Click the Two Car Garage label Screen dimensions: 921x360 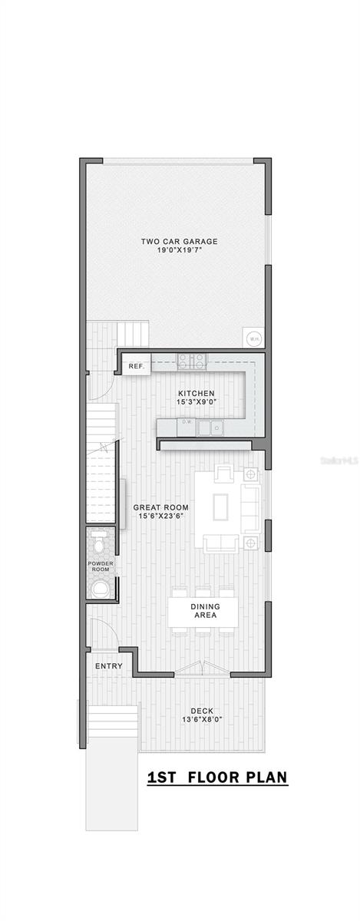[x=179, y=242]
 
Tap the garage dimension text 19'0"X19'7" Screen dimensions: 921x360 [x=179, y=250]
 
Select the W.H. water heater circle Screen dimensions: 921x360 [x=252, y=338]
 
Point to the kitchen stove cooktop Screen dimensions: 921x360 [x=191, y=360]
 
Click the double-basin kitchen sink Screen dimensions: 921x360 [x=210, y=427]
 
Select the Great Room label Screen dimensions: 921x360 [x=161, y=507]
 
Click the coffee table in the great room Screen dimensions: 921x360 [x=221, y=507]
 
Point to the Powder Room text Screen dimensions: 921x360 [x=100, y=566]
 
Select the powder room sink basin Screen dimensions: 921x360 [x=100, y=589]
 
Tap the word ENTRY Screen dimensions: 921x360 [x=108, y=665]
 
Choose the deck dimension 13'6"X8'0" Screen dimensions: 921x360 [x=202, y=720]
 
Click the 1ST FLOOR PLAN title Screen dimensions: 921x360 [x=217, y=777]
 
